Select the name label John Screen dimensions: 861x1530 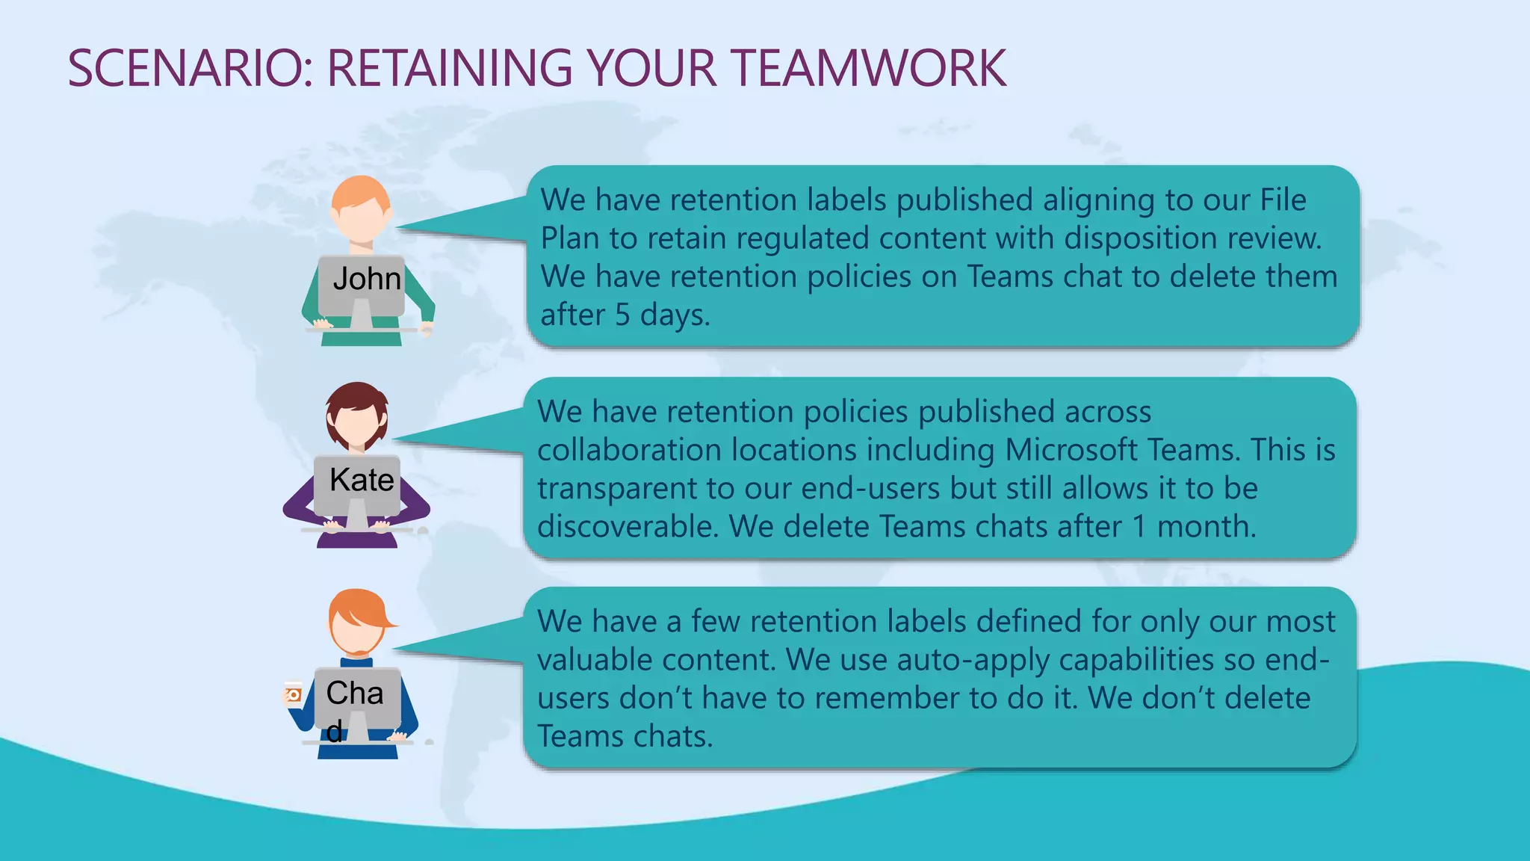[366, 279]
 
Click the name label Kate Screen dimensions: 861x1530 [362, 480]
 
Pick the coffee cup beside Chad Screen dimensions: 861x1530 [293, 694]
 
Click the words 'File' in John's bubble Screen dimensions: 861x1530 [1283, 200]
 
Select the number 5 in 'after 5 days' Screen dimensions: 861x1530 [622, 315]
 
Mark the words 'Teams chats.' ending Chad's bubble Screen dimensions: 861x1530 [625, 737]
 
